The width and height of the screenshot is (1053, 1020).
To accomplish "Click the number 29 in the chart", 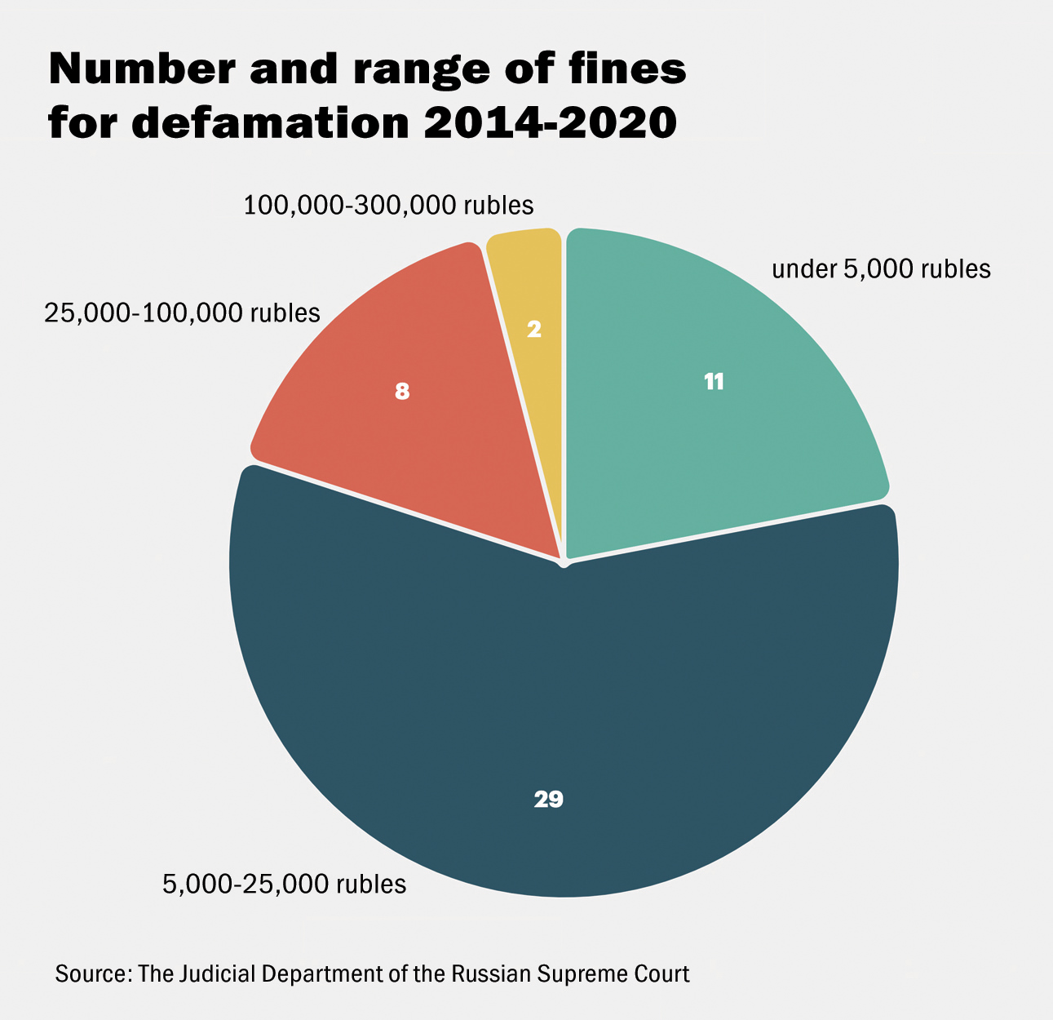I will tap(549, 800).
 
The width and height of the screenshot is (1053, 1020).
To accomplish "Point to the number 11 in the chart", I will tap(714, 382).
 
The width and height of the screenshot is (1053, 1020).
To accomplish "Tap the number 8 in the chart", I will tap(401, 392).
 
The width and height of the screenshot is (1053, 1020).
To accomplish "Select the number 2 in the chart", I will tap(534, 330).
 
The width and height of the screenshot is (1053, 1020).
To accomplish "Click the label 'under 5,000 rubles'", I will tap(881, 269).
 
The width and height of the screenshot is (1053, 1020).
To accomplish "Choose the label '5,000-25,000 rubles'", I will tap(284, 884).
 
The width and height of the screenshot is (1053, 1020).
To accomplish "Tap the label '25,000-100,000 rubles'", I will tap(182, 313).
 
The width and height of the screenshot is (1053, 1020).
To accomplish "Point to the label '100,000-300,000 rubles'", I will tap(388, 206).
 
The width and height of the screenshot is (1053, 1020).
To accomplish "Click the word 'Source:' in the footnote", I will tap(93, 974).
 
